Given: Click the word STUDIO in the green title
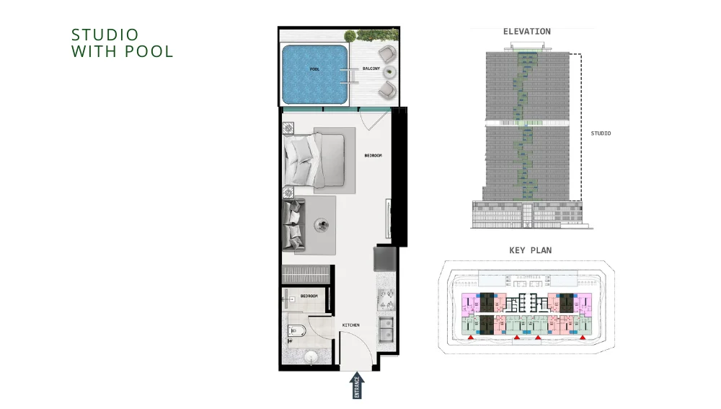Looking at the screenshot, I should tap(105, 35).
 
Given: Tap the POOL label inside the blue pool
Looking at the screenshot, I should tap(314, 69).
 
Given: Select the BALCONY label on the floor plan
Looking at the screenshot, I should tap(372, 69).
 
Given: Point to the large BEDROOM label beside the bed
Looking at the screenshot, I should tap(373, 156).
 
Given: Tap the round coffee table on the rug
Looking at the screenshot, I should tap(320, 224).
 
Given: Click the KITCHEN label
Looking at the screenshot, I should tap(351, 325).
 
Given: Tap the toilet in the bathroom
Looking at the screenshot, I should tap(296, 332).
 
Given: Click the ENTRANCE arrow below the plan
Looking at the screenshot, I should tap(358, 385).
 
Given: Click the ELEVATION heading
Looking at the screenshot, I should tap(526, 32).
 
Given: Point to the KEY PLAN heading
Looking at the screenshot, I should tap(531, 250).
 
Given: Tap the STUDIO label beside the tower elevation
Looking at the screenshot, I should tap(601, 133).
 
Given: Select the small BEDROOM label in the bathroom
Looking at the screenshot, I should tap(309, 296).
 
